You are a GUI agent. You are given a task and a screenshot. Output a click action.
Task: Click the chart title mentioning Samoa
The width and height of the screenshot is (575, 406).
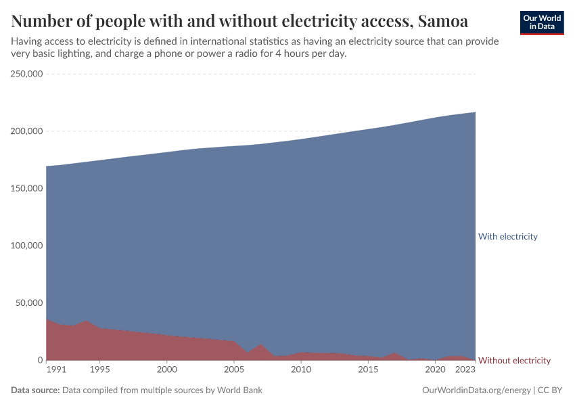239,21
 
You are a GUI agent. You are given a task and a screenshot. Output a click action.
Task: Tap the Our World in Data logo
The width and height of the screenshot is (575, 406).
542,22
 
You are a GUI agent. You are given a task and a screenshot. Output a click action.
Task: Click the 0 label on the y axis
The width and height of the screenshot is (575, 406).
40,360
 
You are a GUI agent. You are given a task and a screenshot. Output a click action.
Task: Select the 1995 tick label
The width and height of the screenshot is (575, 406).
99,370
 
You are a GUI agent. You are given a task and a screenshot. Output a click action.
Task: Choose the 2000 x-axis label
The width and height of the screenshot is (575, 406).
166,370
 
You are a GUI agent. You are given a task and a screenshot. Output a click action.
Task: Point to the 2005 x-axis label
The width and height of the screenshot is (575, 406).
233,370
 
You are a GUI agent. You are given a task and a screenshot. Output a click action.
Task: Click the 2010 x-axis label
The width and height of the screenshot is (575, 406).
300,370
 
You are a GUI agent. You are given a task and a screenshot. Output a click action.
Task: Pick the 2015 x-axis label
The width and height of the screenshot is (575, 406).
368,370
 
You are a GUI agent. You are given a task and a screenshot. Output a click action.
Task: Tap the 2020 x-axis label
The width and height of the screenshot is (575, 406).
435,370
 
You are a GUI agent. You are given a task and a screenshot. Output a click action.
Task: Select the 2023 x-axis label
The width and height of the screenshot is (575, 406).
465,370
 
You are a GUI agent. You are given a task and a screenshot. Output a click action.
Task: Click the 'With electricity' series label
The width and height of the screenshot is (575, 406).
507,237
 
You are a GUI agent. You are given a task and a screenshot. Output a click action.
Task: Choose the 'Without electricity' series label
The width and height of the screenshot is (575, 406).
514,361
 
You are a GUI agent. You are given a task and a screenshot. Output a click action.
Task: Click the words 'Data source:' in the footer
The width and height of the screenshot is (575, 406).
36,390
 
